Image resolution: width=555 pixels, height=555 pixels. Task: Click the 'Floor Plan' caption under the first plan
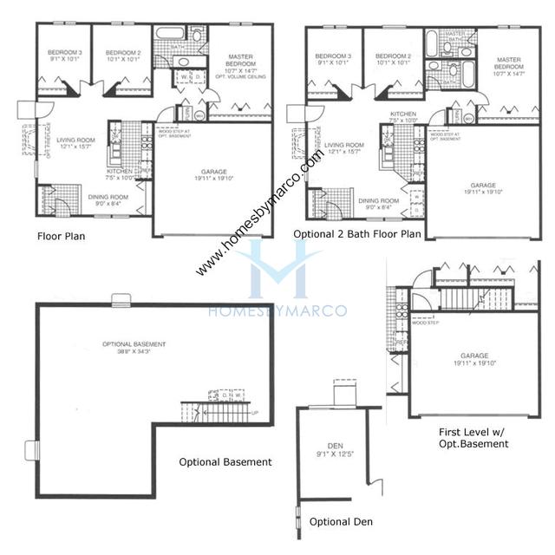[60, 235]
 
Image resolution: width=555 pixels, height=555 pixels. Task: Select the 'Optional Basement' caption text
[225, 462]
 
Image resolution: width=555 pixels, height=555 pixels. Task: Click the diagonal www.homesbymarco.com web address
[260, 213]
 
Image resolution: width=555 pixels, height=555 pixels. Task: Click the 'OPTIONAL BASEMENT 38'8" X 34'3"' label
[134, 347]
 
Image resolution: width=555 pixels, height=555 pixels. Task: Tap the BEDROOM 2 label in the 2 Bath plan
[393, 58]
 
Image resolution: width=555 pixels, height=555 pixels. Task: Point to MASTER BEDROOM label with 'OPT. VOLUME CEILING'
[239, 68]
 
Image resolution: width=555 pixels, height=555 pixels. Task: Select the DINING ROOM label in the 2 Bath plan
[378, 203]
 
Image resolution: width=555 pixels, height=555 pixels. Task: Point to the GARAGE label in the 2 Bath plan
[484, 189]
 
